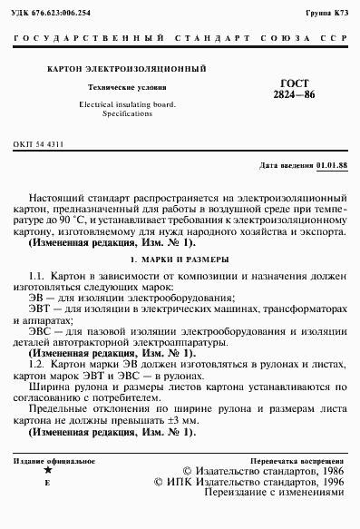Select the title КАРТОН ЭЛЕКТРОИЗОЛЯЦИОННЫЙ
pos(126,69)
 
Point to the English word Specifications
pos(126,116)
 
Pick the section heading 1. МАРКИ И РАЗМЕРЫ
pos(180,260)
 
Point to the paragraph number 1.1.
pos(38,274)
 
